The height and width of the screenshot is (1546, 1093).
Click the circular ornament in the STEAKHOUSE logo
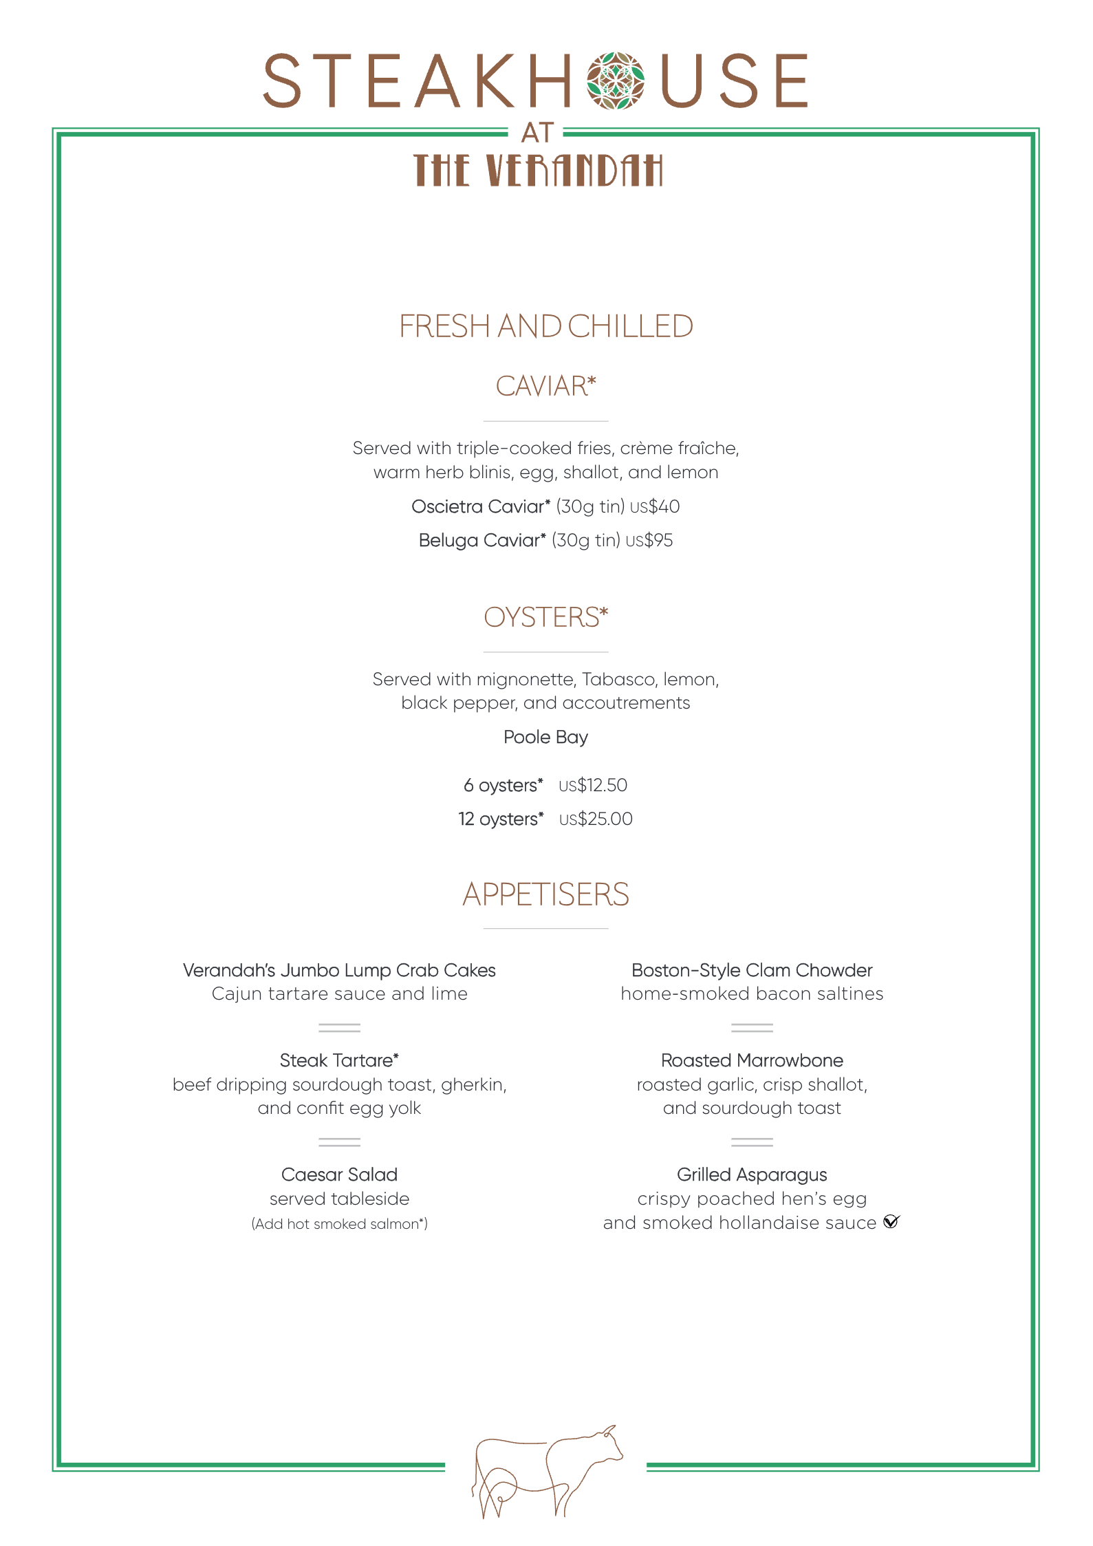point(616,81)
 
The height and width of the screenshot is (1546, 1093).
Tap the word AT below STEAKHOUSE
point(537,133)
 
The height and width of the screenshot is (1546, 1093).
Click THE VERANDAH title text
point(538,170)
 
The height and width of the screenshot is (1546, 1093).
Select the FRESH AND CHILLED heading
point(546,326)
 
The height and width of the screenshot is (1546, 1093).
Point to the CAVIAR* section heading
point(546,386)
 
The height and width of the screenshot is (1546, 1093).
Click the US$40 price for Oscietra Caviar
point(655,507)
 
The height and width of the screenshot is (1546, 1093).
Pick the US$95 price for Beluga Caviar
point(649,541)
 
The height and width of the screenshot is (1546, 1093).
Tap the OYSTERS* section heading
point(546,617)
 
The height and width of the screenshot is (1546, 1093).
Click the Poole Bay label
point(546,737)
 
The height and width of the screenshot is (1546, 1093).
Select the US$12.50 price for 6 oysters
point(593,785)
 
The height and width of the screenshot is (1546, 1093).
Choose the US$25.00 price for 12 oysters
point(596,819)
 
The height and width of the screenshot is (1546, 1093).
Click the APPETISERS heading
point(546,894)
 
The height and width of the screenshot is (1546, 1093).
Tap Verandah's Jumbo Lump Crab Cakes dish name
point(339,970)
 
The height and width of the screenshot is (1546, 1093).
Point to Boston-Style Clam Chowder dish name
point(752,970)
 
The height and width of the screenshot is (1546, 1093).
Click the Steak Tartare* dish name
point(339,1060)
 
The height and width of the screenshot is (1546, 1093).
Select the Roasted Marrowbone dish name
point(752,1060)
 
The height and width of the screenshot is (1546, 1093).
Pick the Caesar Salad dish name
point(339,1174)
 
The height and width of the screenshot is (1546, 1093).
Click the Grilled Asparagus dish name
point(752,1174)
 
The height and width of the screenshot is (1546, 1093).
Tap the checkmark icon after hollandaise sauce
point(891,1222)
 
